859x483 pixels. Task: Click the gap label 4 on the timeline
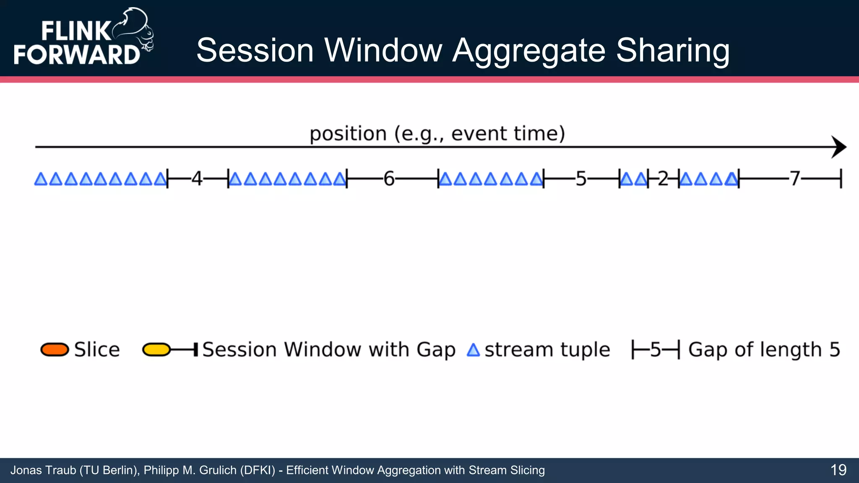coord(197,179)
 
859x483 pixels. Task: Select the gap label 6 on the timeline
coord(389,179)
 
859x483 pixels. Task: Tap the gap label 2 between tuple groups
coord(663,179)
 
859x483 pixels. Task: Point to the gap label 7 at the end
coord(795,179)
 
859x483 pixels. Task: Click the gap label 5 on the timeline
coord(581,179)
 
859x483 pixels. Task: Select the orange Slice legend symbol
coord(55,350)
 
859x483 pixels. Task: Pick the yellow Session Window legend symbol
coord(156,350)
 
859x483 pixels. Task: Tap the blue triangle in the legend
coord(473,350)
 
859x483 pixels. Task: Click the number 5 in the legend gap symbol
coord(656,350)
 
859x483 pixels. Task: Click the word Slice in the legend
coord(97,350)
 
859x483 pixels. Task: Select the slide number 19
coord(838,470)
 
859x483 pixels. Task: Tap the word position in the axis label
coord(348,134)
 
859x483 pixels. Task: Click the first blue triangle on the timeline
coord(41,179)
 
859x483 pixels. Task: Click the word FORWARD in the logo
coord(77,55)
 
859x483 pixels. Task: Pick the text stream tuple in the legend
coord(547,350)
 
